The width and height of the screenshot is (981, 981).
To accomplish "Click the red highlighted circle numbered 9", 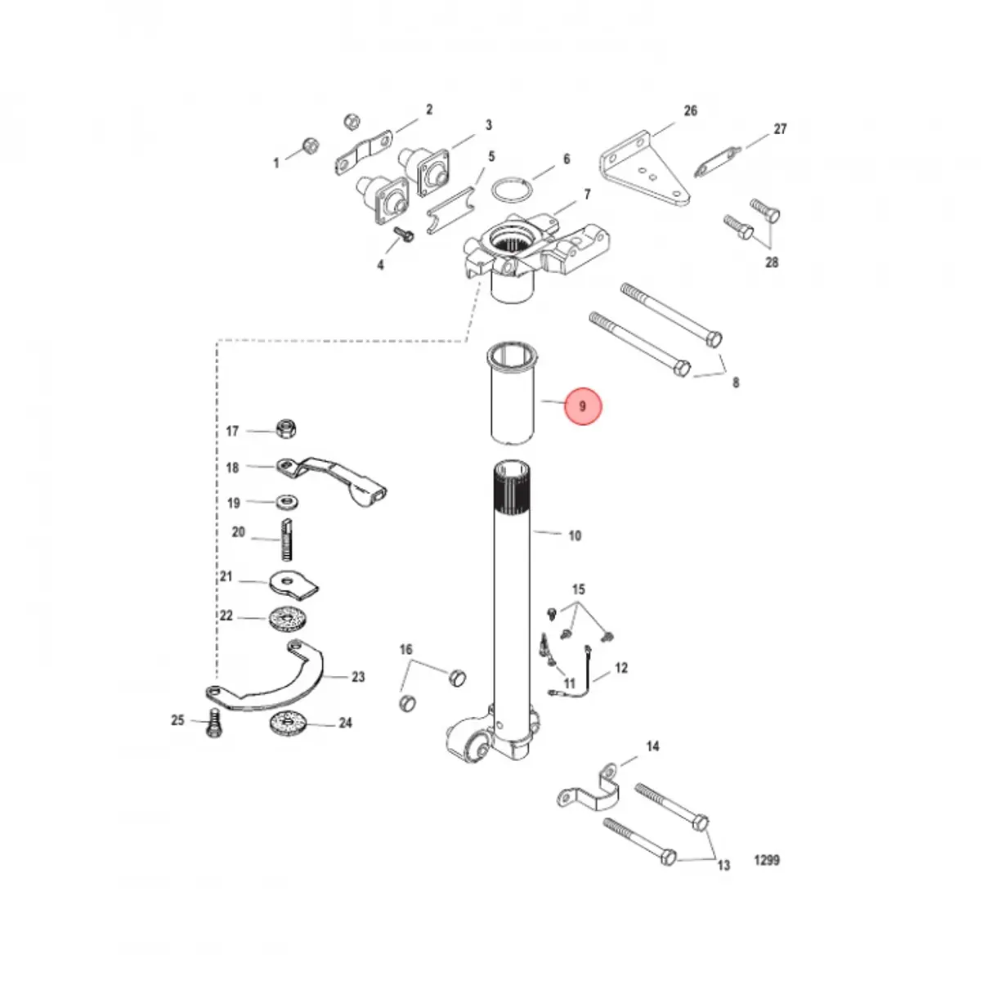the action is [583, 406].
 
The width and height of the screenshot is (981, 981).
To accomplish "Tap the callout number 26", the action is [690, 110].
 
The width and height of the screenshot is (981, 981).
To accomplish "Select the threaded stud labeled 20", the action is [287, 540].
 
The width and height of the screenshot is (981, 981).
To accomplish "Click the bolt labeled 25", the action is [214, 723].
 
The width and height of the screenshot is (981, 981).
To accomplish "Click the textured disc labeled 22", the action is [288, 620].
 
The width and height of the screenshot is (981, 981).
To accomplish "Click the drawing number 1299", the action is [767, 860].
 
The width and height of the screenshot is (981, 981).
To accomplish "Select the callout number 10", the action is [575, 535].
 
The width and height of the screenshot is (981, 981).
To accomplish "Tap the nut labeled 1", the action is [310, 145].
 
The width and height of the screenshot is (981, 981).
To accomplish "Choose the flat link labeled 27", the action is [717, 161].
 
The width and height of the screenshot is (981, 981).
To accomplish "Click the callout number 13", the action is [723, 864].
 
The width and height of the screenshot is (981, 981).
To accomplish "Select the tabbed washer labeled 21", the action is [293, 584].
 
